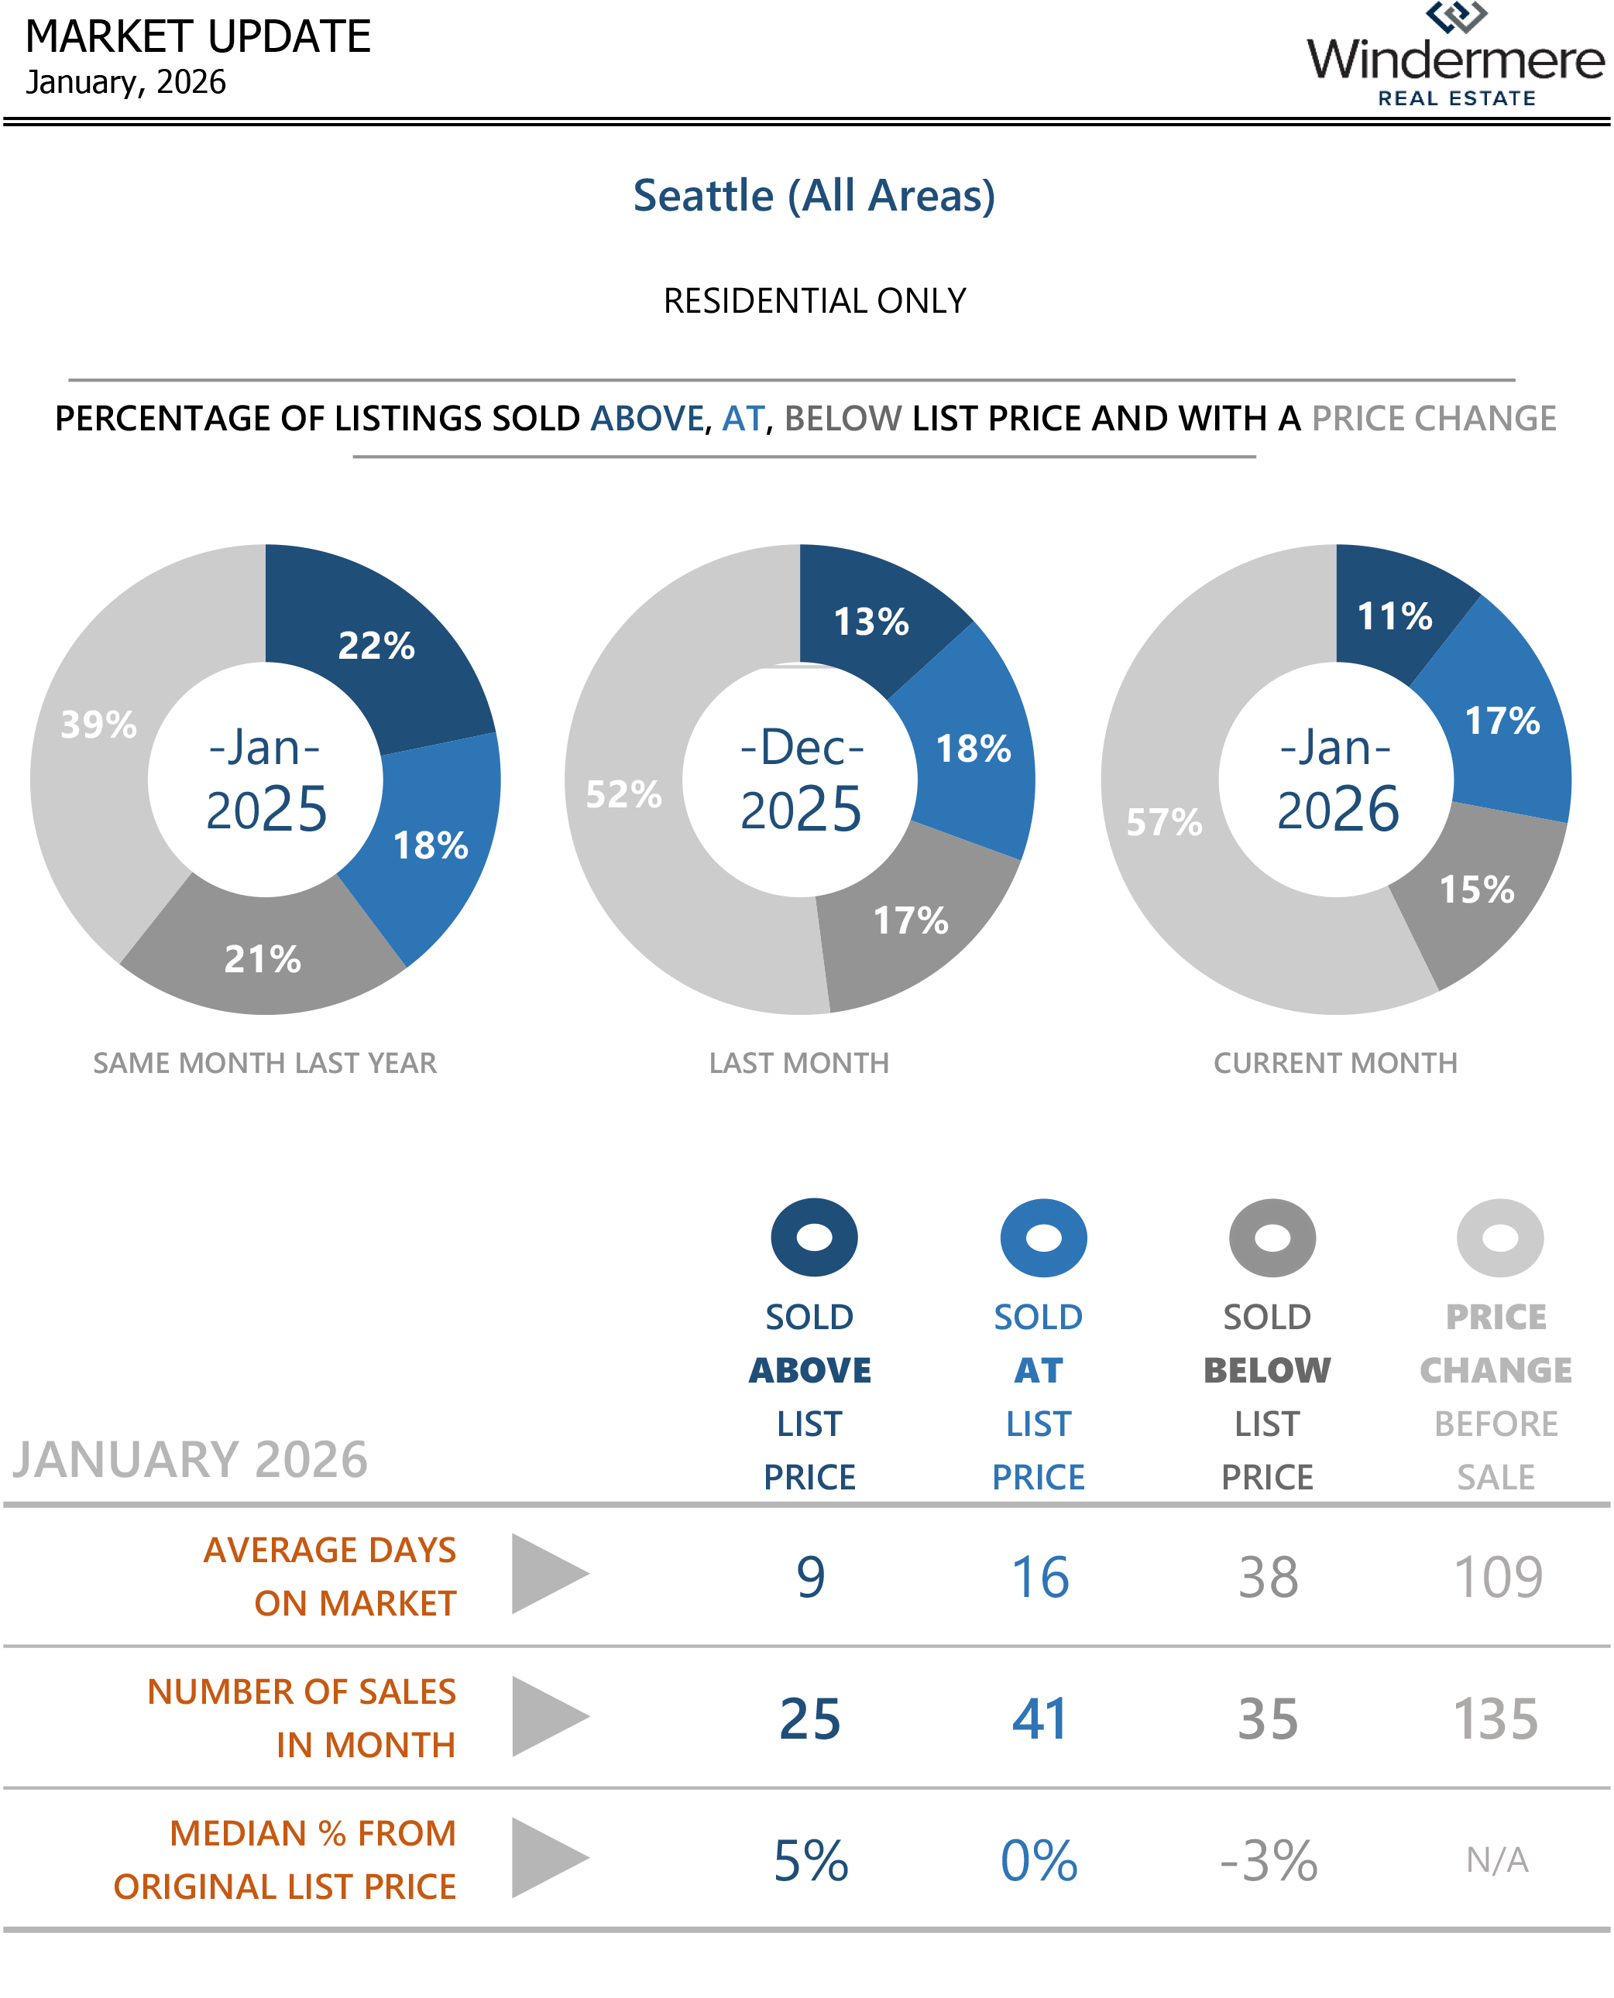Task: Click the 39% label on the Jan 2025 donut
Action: click(98, 725)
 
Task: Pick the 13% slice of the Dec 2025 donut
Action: click(871, 622)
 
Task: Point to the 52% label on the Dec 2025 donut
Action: click(623, 794)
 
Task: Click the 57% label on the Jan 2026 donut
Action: click(1163, 822)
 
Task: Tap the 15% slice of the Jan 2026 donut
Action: click(1476, 889)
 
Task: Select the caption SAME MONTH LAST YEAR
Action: click(265, 1063)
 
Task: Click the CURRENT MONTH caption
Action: click(1335, 1063)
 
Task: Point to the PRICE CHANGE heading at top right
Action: click(1434, 419)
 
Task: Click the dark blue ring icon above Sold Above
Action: click(813, 1237)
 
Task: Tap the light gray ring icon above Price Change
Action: click(1499, 1237)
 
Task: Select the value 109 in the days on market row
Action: click(1498, 1577)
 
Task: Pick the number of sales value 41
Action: click(1039, 1719)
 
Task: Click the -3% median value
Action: click(1268, 1860)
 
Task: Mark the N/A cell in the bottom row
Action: click(1497, 1859)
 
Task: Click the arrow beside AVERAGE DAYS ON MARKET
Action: click(549, 1575)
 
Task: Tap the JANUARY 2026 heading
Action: click(190, 1460)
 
